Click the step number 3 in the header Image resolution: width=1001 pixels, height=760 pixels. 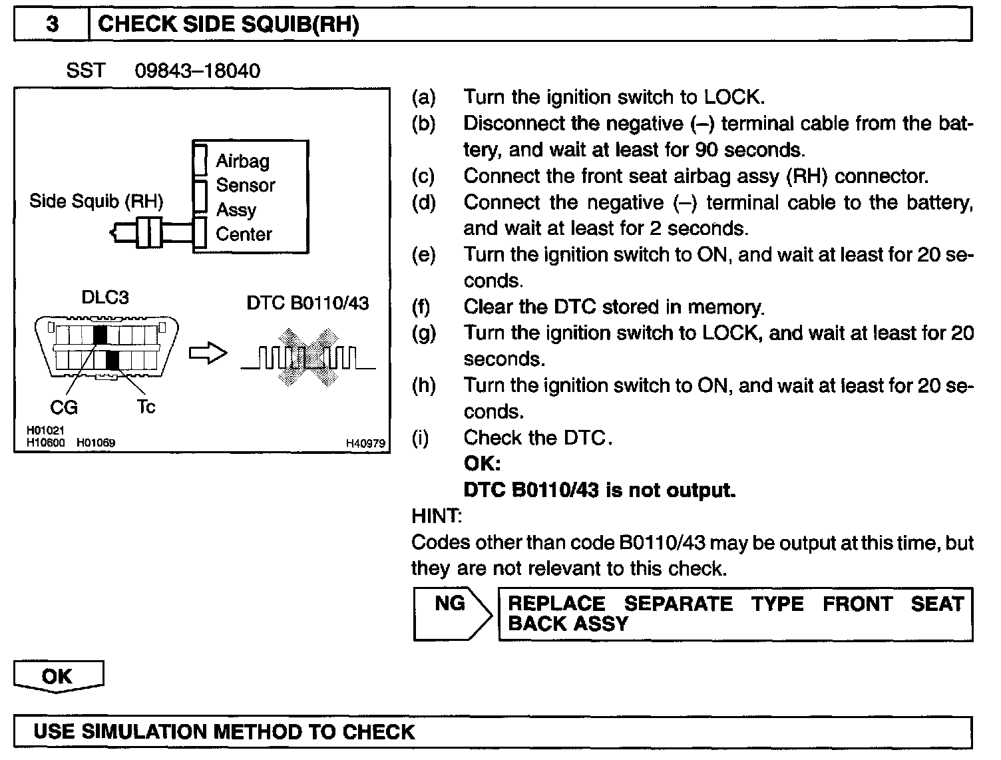point(52,25)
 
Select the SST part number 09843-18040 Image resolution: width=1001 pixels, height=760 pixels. point(197,71)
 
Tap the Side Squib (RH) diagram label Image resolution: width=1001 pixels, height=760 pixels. point(96,202)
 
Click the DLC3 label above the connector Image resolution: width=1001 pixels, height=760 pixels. point(104,297)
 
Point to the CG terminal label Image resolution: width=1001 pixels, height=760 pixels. point(64,407)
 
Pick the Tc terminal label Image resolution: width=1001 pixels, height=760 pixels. point(146,407)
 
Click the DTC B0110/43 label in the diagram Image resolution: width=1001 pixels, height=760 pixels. point(307,303)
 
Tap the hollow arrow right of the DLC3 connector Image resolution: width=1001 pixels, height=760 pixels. point(208,354)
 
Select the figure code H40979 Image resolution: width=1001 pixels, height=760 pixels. point(365,443)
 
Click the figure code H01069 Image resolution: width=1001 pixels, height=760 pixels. point(96,443)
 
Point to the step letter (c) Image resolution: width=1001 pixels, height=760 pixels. point(423,176)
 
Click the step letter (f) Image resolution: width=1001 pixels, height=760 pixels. point(421,307)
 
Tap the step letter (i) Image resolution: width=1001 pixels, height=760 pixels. point(421,438)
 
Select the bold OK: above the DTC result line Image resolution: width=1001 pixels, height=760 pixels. point(482,464)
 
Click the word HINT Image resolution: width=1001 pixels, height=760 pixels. point(436,516)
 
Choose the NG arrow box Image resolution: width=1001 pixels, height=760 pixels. point(451,613)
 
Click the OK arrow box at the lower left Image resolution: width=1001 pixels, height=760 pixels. point(58,676)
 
